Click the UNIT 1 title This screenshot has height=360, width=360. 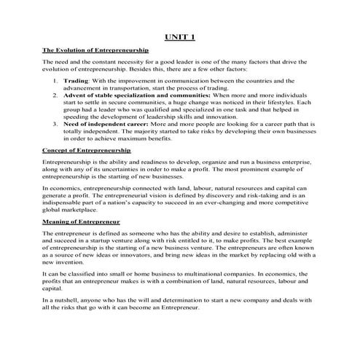pyautogui.click(x=179, y=37)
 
